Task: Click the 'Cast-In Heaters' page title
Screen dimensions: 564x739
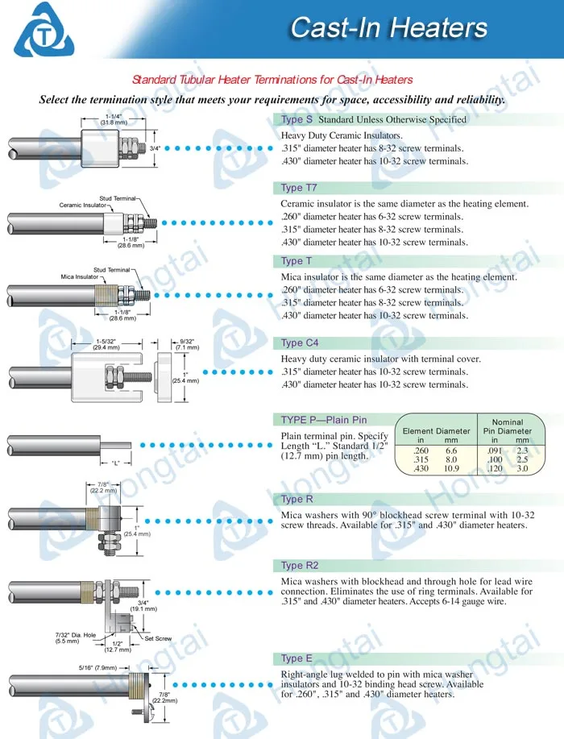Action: click(388, 27)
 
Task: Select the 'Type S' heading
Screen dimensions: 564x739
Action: click(297, 119)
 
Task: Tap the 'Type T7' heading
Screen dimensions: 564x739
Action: click(299, 188)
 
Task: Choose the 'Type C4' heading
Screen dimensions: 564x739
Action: click(300, 343)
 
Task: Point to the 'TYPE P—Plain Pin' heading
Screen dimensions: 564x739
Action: click(324, 420)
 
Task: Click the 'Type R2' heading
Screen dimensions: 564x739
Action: click(300, 565)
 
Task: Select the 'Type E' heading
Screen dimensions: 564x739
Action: click(297, 658)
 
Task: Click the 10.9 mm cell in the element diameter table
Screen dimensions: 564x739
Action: click(451, 468)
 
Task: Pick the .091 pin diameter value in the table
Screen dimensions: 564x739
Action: click(494, 450)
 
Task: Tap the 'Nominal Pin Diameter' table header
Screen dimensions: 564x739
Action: click(508, 426)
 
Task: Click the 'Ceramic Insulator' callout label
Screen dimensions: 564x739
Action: click(82, 205)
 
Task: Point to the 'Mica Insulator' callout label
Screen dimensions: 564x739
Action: click(79, 276)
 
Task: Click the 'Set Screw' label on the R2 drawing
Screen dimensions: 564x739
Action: click(158, 638)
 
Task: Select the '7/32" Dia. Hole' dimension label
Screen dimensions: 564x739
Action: click(76, 637)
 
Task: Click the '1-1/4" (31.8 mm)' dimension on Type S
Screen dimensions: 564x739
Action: click(114, 119)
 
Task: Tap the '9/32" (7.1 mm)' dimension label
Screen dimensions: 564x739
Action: click(187, 345)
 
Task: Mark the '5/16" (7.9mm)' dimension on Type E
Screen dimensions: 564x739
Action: click(97, 668)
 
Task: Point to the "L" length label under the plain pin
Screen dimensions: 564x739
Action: click(115, 463)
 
